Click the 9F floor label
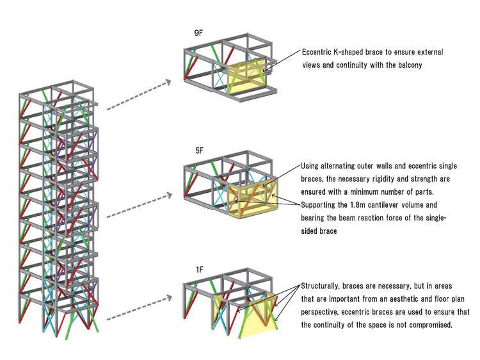click(198, 33)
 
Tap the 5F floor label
click(199, 151)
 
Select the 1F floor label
click(199, 270)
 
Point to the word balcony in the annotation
click(410, 65)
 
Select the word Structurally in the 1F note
click(320, 286)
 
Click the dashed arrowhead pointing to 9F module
click(167, 82)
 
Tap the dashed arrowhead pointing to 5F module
click(168, 195)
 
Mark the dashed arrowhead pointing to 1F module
click(168, 298)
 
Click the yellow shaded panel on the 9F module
click(246, 78)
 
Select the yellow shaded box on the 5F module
click(253, 199)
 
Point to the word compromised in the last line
click(431, 325)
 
